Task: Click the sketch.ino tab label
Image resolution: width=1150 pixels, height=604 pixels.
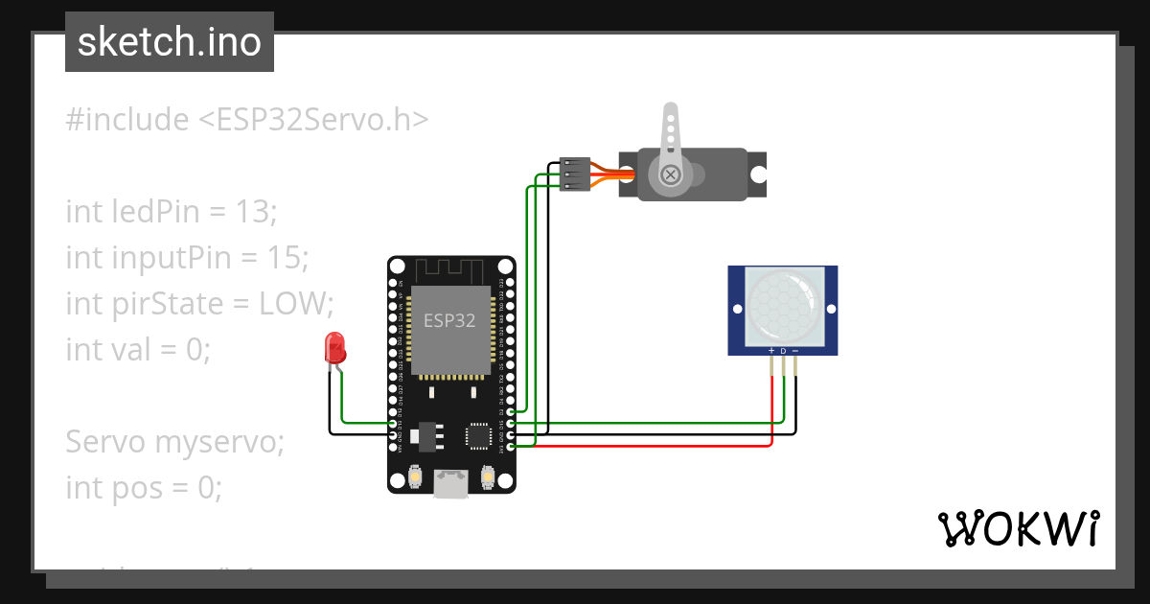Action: point(170,42)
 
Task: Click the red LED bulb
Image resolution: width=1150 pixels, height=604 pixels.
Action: point(334,346)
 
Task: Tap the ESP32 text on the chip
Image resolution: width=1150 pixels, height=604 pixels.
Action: point(449,320)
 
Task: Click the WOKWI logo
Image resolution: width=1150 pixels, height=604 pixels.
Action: point(1018,528)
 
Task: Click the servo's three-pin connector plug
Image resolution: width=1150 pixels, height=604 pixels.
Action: point(573,174)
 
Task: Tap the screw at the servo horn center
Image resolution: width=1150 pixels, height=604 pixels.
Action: point(671,174)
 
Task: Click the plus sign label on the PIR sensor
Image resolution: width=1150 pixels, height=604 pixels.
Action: point(771,351)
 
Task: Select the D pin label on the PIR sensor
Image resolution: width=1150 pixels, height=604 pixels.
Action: point(783,351)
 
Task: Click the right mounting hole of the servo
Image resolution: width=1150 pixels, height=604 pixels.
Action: point(758,174)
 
